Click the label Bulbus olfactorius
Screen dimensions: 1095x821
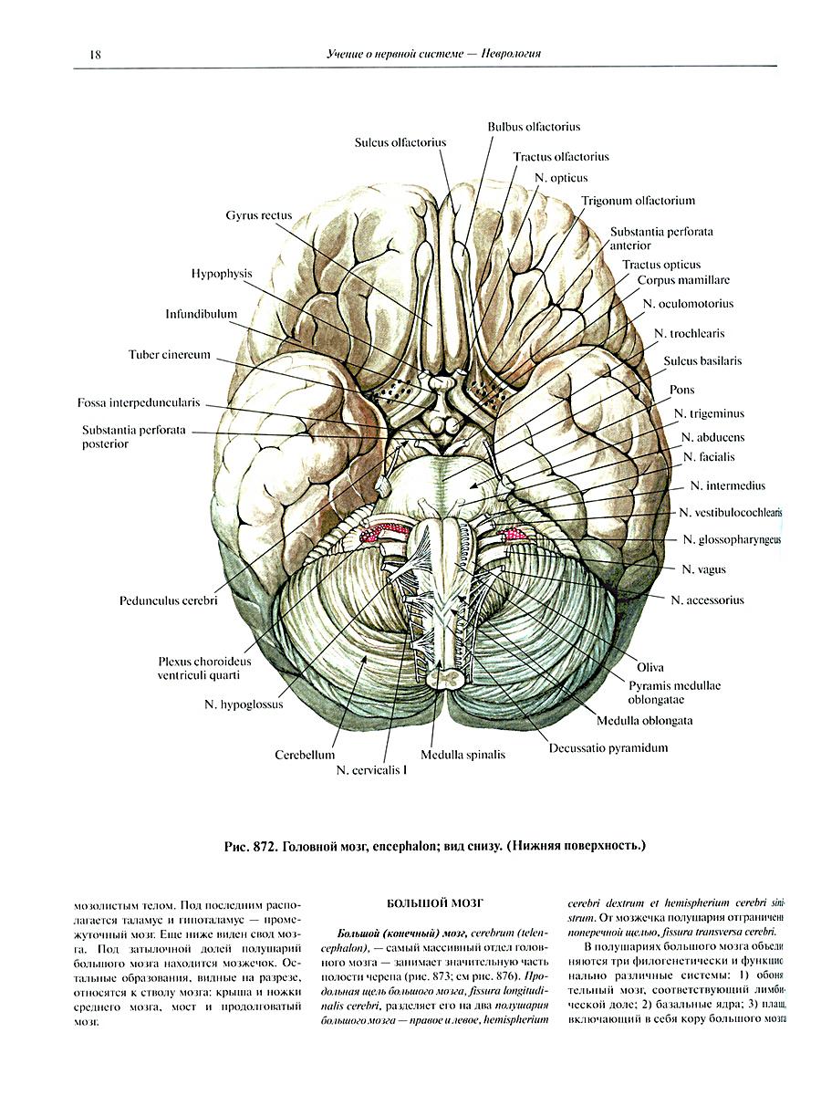click(534, 127)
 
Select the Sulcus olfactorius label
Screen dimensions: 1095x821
click(400, 142)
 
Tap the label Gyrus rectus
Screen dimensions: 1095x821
click(259, 216)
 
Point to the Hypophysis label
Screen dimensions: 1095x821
click(222, 274)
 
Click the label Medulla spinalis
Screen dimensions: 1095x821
click(462, 756)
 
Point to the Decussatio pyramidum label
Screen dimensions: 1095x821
click(608, 748)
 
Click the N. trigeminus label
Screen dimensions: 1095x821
click(710, 413)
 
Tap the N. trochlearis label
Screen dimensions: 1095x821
click(690, 335)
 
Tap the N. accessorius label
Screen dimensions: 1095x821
click(707, 600)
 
